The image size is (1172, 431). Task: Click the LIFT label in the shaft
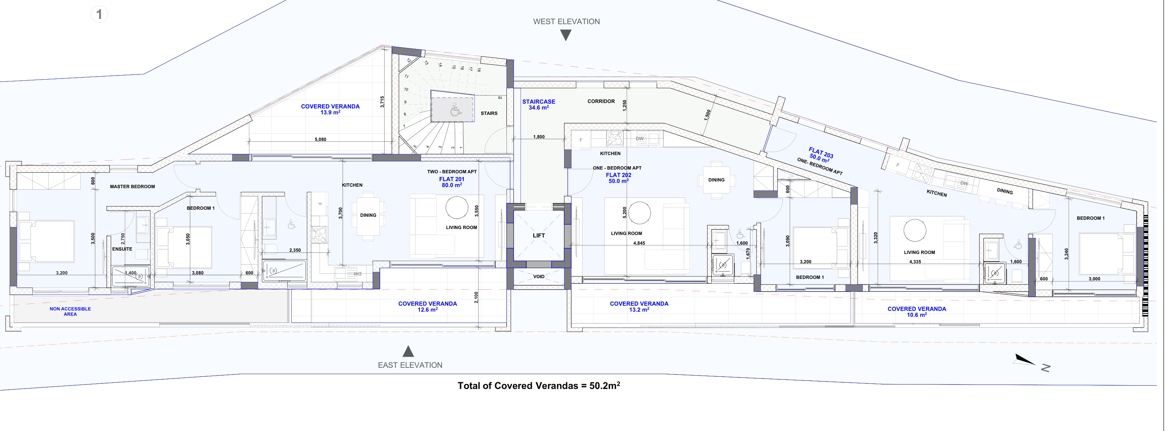tap(539, 235)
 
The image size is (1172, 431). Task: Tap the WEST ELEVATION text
tap(566, 22)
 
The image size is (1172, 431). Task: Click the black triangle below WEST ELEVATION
tap(566, 35)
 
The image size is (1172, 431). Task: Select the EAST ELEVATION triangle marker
tap(408, 351)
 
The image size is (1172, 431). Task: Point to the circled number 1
tap(99, 15)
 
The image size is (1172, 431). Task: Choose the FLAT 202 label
tap(618, 178)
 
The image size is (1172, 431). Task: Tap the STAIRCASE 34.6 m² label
tap(539, 104)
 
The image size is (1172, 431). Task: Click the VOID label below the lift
tap(539, 276)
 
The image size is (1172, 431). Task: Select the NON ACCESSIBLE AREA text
tap(70, 311)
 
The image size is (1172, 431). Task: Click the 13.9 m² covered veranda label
tap(330, 109)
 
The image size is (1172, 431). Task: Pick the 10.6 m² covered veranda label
tap(917, 312)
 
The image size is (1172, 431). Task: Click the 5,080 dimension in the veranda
tap(320, 139)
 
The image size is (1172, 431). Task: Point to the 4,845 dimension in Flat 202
tap(639, 243)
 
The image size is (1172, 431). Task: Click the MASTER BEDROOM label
tap(132, 187)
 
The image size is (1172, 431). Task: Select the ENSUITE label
tap(122, 249)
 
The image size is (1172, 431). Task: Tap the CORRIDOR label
tap(601, 101)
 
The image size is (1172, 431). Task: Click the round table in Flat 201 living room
tap(457, 208)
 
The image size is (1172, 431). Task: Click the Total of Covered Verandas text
tap(539, 386)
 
